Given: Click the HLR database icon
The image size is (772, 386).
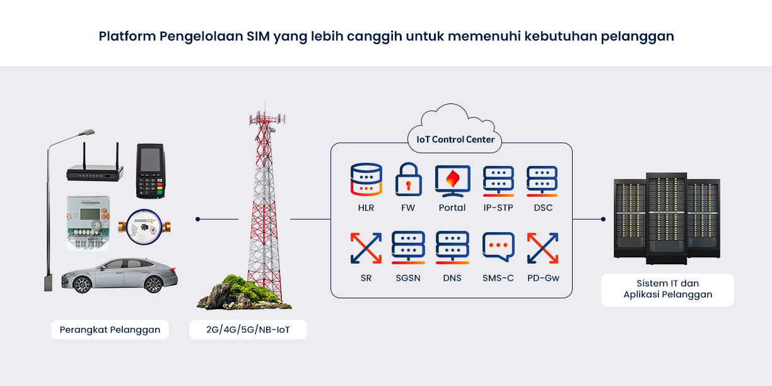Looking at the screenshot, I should point(366,180).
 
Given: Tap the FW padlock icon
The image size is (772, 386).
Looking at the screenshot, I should point(409,180).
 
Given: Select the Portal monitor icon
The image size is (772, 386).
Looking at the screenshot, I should point(452,181).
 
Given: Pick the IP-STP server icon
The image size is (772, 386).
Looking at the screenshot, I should point(498,181).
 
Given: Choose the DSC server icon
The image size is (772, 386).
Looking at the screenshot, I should point(542,181).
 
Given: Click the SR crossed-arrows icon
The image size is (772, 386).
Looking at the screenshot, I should point(366,248).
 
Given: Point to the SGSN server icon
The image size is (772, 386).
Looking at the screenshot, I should point(408,248).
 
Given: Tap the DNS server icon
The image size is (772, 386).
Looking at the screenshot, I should point(452,248).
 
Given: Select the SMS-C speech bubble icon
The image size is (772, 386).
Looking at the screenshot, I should point(498,247).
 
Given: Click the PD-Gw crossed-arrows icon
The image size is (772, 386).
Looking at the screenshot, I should point(542,248).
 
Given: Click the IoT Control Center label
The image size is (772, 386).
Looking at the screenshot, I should point(455,139).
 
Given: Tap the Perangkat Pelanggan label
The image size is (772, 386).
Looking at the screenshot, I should point(110,329).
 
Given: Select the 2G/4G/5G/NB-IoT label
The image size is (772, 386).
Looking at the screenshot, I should point(248,329).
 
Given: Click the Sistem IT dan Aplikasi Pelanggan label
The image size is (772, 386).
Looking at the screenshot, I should point(667,289).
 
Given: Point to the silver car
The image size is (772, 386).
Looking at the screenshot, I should point(119,275).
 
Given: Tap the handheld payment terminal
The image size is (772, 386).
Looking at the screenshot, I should point(151,170).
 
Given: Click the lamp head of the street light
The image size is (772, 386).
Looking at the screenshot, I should point(86,132).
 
